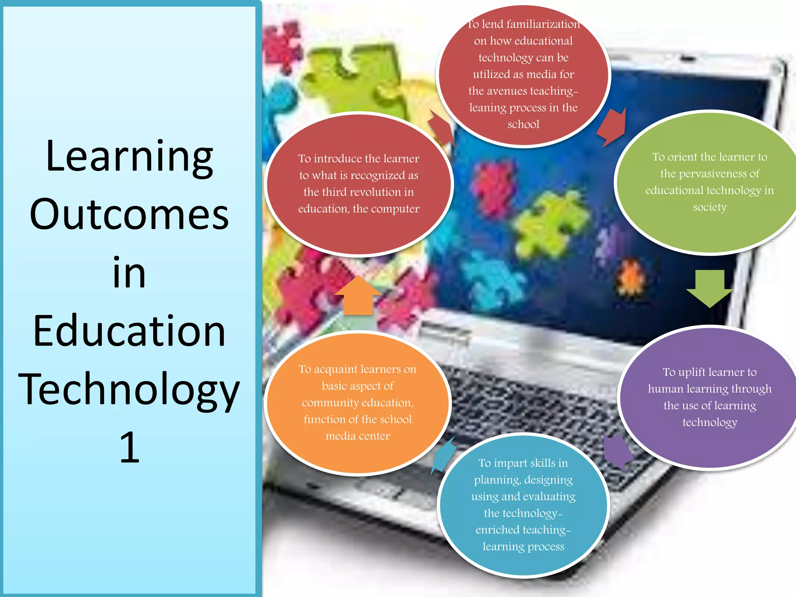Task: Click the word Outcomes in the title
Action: pyautogui.click(x=129, y=214)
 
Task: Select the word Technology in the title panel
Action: pyautogui.click(x=129, y=390)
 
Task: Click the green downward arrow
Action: pyautogui.click(x=710, y=288)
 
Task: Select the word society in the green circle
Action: pyautogui.click(x=710, y=207)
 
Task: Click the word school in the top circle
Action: pyautogui.click(x=523, y=124)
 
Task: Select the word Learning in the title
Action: pyautogui.click(x=129, y=156)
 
